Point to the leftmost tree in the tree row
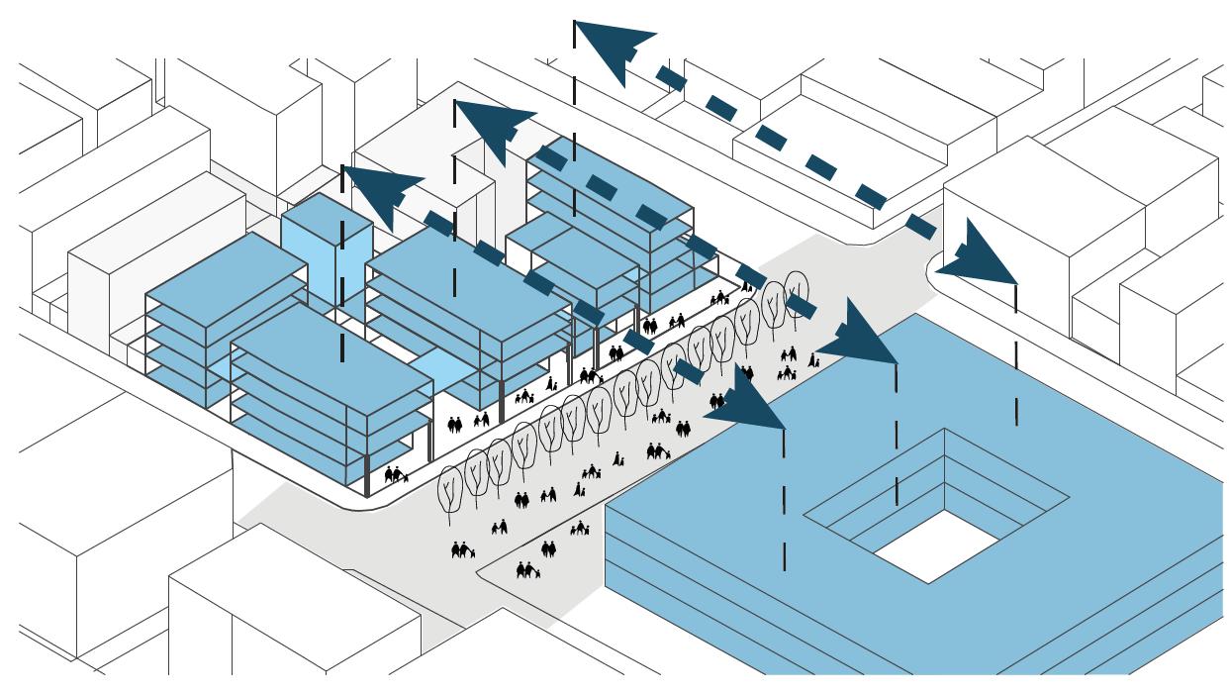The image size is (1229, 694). click(x=451, y=488)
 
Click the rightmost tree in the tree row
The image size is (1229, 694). click(x=797, y=288)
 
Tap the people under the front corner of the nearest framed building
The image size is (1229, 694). click(x=395, y=475)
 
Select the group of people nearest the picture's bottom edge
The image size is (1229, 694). click(x=527, y=569)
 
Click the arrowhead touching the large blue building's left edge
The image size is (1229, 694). click(x=747, y=402)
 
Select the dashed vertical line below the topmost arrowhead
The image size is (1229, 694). click(x=574, y=149)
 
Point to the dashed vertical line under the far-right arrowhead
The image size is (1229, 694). click(x=1016, y=356)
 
